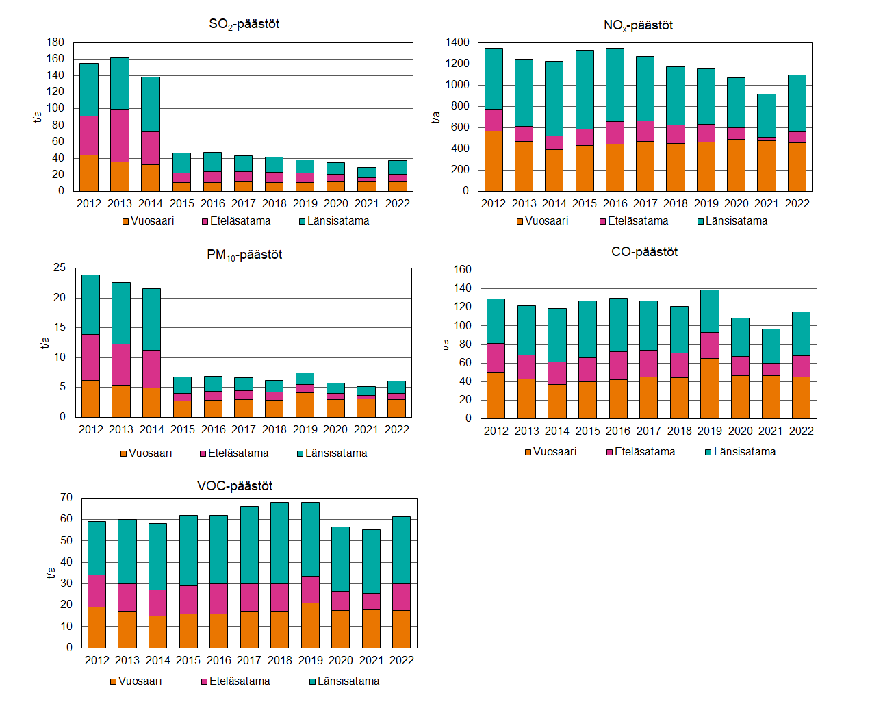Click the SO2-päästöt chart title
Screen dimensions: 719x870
[x=244, y=24]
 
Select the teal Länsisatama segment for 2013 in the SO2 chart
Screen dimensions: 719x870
[x=120, y=83]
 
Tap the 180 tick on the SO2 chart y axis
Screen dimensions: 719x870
[x=55, y=42]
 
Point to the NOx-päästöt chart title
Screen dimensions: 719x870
[x=638, y=25]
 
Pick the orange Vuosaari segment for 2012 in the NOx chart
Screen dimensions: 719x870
[x=494, y=161]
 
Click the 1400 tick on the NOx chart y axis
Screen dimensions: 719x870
[x=457, y=42]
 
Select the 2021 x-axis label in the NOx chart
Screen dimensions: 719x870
[x=767, y=203]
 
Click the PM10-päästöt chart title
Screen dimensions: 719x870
[x=244, y=255]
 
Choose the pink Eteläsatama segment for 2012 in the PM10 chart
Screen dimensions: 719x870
[x=90, y=357]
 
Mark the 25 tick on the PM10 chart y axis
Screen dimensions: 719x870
[x=60, y=268]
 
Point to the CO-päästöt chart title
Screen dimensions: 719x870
[x=644, y=252]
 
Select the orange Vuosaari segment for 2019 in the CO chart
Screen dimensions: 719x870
[x=710, y=388]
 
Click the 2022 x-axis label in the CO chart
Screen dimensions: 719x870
[x=801, y=431]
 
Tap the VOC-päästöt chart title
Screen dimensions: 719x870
[x=235, y=486]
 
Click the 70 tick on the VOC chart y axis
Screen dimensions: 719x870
[x=66, y=498]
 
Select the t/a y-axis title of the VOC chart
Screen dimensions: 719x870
[x=51, y=572]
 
